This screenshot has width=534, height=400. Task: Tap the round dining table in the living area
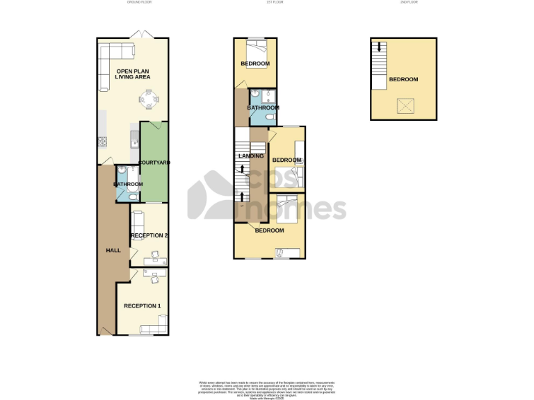(149, 101)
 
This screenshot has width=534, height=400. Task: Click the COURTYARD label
(154, 162)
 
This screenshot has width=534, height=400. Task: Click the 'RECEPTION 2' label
(149, 236)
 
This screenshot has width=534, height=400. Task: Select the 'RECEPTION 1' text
(142, 306)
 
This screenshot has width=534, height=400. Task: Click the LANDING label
(250, 156)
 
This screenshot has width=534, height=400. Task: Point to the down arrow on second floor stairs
(379, 48)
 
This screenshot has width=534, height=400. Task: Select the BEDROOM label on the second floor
(403, 80)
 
